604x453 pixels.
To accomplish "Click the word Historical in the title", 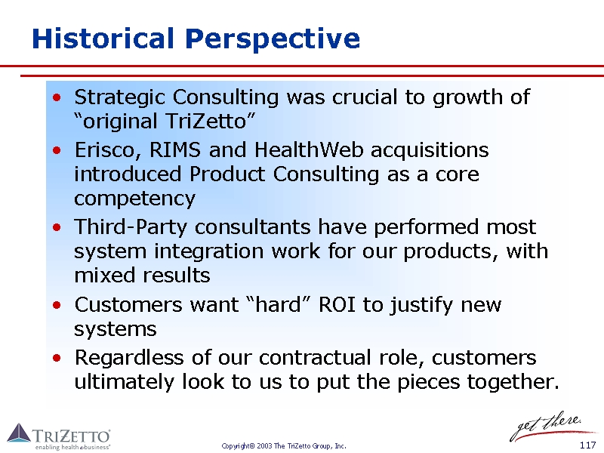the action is pyautogui.click(x=103, y=39).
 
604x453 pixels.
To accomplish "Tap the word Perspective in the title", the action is pyautogui.click(x=273, y=40).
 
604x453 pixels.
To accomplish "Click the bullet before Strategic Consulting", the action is pyautogui.click(x=57, y=97).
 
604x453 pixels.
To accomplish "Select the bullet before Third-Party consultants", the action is pyautogui.click(x=57, y=227).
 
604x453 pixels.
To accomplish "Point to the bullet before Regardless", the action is pyautogui.click(x=57, y=358).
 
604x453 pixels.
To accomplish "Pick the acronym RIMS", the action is pyautogui.click(x=175, y=149).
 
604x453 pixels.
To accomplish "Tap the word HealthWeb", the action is pyautogui.click(x=309, y=149).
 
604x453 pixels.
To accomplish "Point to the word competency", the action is pyautogui.click(x=135, y=199).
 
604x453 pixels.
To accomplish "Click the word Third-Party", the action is pyautogui.click(x=131, y=227).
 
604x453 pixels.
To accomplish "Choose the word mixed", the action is pyautogui.click(x=105, y=276).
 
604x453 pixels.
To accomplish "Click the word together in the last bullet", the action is pyautogui.click(x=513, y=382).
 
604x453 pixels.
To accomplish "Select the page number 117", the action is pyautogui.click(x=588, y=445).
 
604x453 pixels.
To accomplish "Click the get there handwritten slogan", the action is pyautogui.click(x=547, y=426).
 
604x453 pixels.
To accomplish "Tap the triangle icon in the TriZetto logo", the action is pyautogui.click(x=18, y=433).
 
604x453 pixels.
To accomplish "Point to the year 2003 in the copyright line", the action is pyautogui.click(x=264, y=446).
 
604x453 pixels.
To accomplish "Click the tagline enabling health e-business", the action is pyautogui.click(x=72, y=447).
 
